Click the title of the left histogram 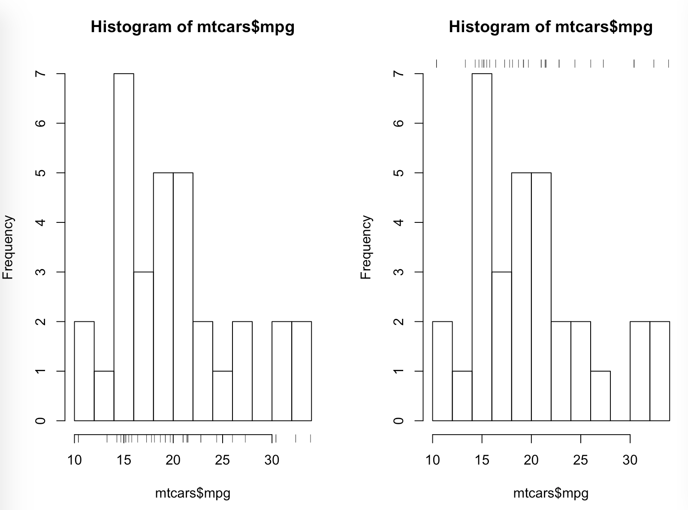(193, 27)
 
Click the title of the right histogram (550, 27)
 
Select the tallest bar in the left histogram (124, 247)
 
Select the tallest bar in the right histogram (482, 247)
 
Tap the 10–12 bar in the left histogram (84, 371)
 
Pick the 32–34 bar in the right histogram (660, 371)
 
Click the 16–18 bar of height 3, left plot (144, 346)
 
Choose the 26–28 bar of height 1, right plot (600, 396)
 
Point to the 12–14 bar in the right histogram (462, 396)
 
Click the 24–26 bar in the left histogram (223, 396)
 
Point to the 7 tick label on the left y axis (40, 74)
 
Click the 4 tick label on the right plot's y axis (398, 222)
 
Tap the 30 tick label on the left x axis (272, 460)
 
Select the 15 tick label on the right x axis (482, 460)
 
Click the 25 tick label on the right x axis (580, 460)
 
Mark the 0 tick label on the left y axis (40, 420)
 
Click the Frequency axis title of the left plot (8, 247)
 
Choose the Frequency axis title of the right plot (366, 247)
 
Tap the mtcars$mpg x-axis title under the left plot (193, 493)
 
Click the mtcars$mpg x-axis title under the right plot (550, 493)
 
